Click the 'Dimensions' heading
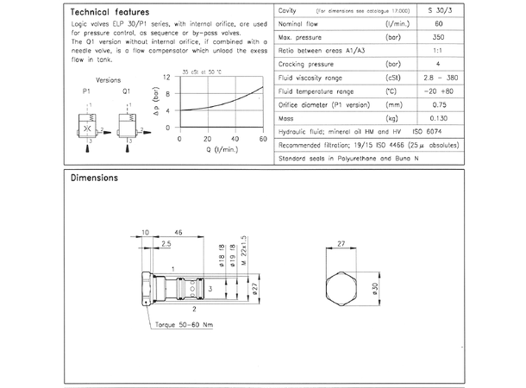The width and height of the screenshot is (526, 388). (x=95, y=178)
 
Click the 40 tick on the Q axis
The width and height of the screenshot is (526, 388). (x=235, y=139)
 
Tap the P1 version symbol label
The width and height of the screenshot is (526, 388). (x=86, y=90)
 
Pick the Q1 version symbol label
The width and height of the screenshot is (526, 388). (x=128, y=90)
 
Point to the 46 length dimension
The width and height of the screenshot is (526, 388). (x=178, y=233)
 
